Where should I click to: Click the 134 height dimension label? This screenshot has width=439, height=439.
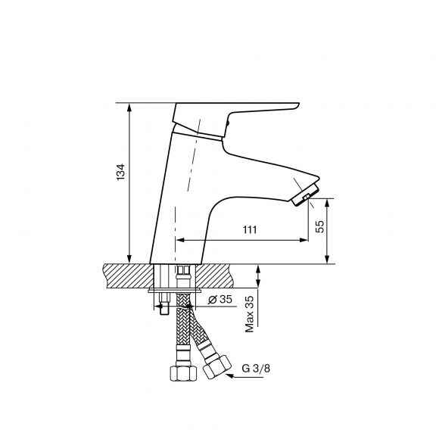click(x=120, y=172)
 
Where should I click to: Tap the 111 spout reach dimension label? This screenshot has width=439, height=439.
click(x=250, y=229)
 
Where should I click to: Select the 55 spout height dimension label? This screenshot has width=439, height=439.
click(x=320, y=226)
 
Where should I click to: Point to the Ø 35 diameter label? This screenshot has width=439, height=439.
click(x=220, y=299)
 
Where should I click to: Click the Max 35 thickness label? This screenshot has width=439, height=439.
click(x=250, y=314)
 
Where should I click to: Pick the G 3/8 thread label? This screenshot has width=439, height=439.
click(x=256, y=368)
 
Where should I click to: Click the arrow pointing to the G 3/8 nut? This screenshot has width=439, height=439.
click(x=244, y=376)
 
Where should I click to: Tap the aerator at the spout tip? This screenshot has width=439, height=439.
click(x=305, y=195)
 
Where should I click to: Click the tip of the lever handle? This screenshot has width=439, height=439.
click(x=298, y=105)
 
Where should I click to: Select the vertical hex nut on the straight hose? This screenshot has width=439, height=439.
click(x=184, y=373)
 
